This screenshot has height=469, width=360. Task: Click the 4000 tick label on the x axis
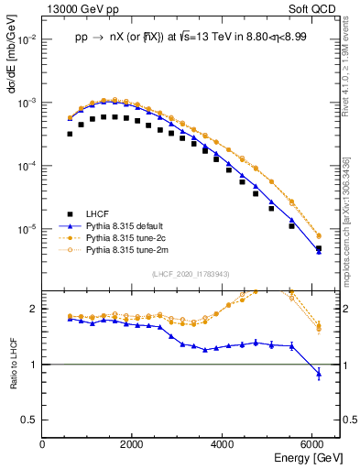[x=223, y=444]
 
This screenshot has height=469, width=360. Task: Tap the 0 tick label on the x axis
[x=43, y=444]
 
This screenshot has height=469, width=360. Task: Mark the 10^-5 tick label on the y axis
[x=26, y=228]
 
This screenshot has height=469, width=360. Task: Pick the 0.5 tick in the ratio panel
[x=30, y=420]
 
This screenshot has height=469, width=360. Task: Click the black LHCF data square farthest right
[x=318, y=248]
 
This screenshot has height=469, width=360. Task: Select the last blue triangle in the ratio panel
[x=318, y=374]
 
